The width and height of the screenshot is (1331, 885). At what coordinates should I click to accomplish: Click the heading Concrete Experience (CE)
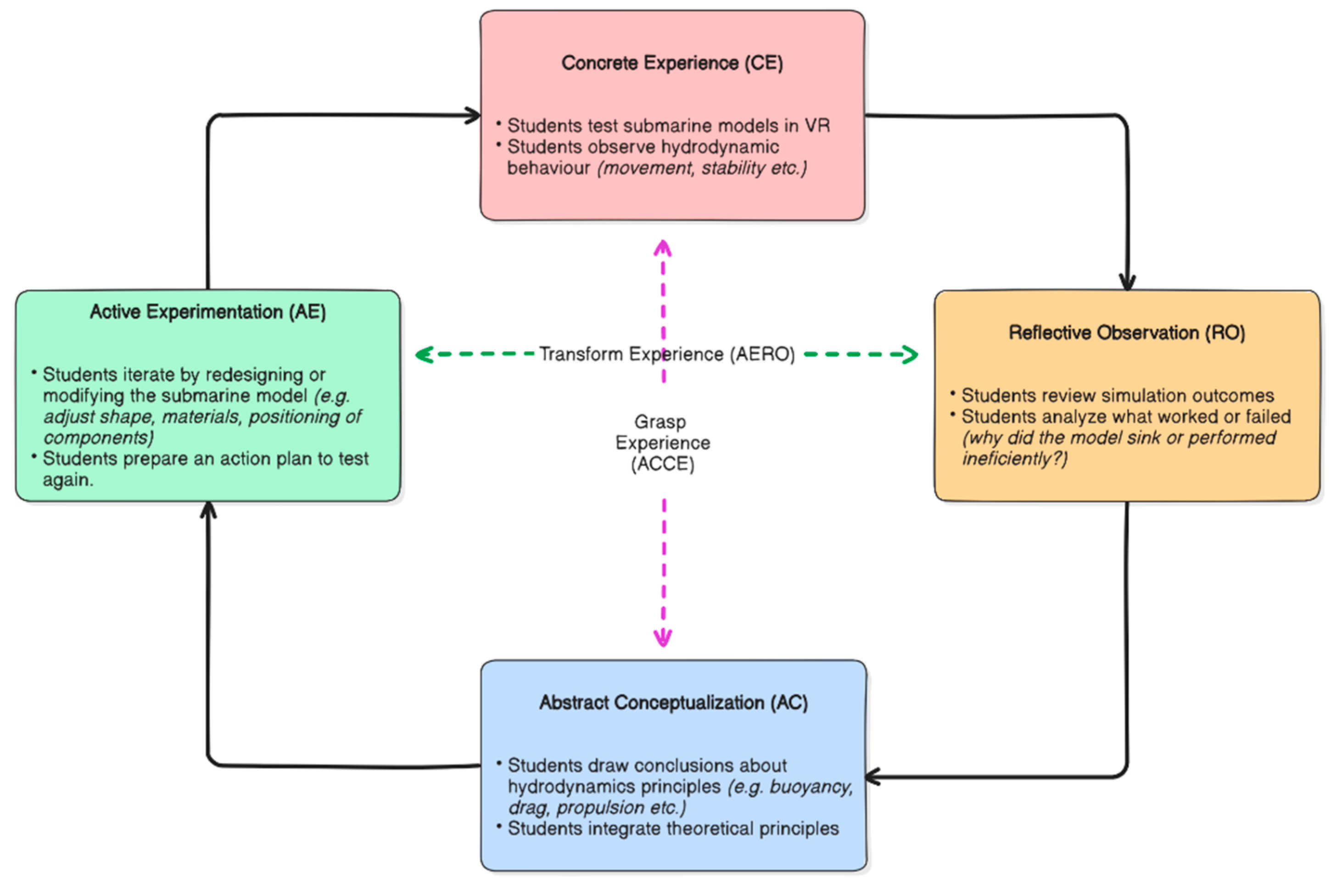click(x=671, y=62)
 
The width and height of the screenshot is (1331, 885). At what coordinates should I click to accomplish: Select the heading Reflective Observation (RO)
click(x=1126, y=332)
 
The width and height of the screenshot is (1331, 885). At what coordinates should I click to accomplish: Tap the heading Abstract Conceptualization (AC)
click(x=673, y=702)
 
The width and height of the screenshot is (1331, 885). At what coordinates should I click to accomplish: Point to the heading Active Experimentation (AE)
click(x=207, y=312)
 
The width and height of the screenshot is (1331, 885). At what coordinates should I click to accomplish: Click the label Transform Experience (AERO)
click(x=666, y=354)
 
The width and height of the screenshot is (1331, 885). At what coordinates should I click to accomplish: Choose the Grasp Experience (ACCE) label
click(x=662, y=442)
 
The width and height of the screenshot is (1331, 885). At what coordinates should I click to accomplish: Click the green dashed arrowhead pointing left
click(x=424, y=354)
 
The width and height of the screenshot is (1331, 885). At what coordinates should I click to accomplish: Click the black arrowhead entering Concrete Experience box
click(x=473, y=116)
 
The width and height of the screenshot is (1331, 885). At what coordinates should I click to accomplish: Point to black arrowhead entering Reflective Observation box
click(x=1127, y=282)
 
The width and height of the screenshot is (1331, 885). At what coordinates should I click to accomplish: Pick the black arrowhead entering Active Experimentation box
click(x=208, y=509)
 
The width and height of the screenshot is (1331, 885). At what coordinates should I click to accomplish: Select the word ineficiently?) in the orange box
click(x=1014, y=458)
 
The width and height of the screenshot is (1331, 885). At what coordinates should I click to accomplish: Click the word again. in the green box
click(x=68, y=480)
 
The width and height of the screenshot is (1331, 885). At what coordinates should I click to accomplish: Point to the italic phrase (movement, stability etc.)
click(x=702, y=168)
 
